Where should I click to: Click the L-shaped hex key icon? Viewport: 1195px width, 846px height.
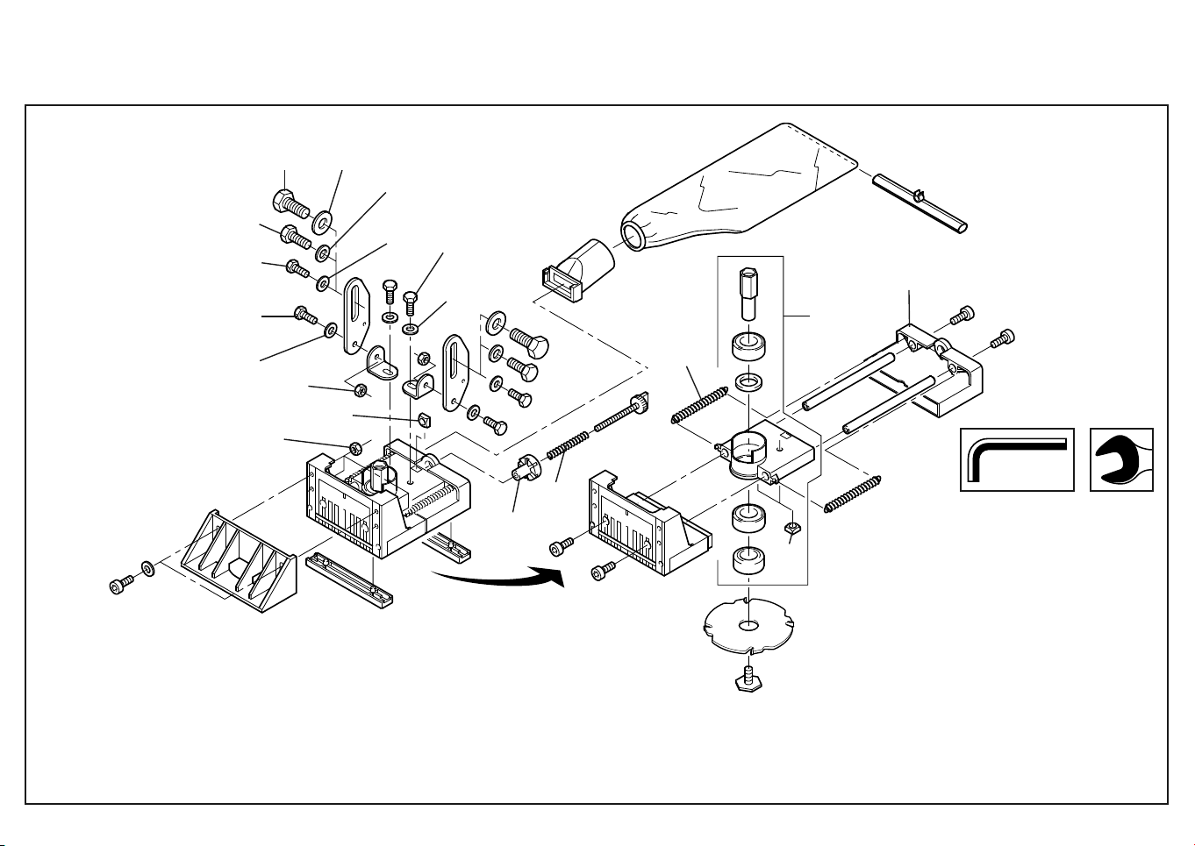coord(1016,459)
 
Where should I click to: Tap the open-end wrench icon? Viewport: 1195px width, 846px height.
coord(1120,459)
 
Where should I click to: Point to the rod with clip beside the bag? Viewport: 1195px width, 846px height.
coord(920,202)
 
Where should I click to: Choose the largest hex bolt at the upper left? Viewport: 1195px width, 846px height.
coord(289,203)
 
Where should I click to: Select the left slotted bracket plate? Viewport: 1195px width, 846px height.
coord(355,315)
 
